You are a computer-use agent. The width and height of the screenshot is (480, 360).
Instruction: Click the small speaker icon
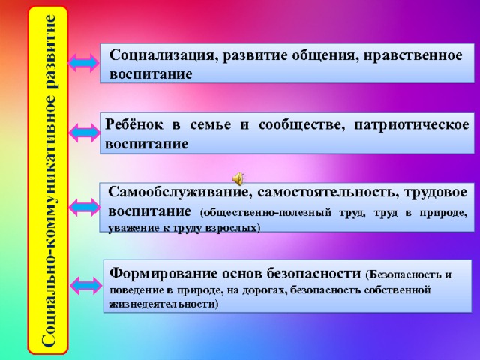[x=237, y=178]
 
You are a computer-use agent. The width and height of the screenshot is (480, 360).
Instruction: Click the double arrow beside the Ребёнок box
[x=84, y=133]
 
